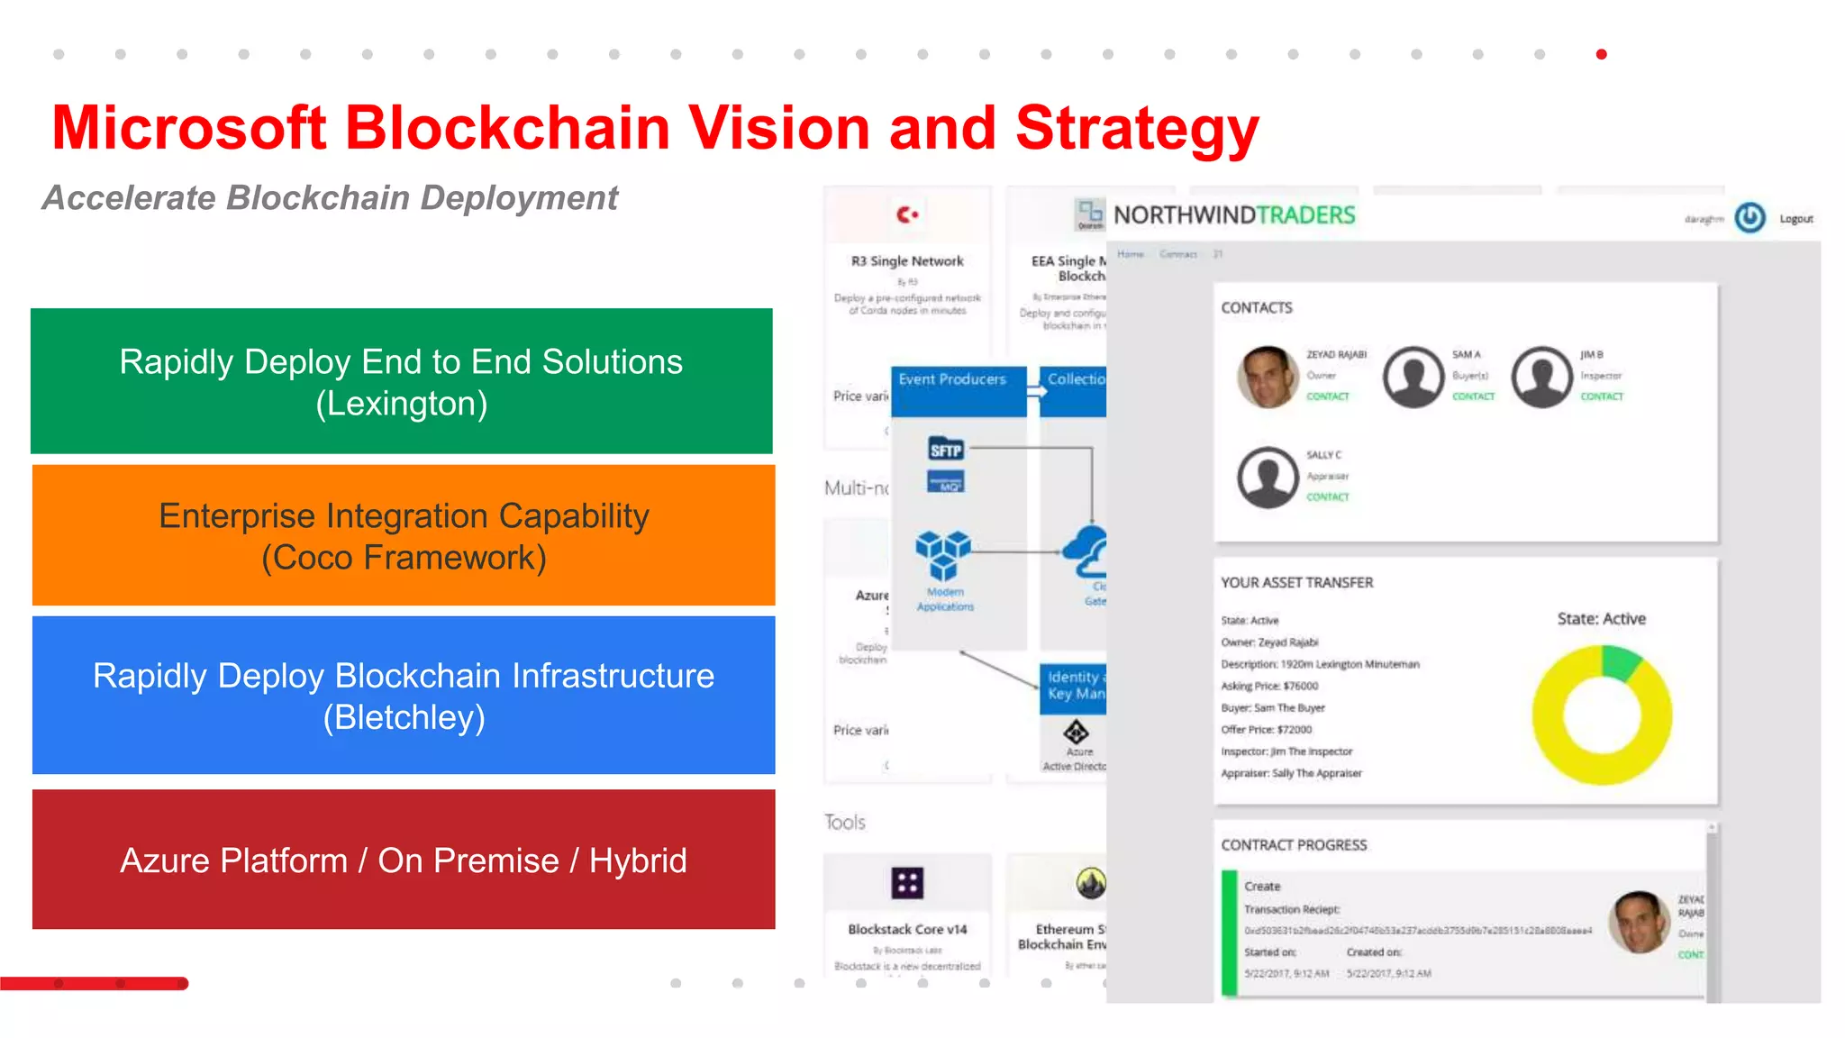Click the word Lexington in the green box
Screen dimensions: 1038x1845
402,404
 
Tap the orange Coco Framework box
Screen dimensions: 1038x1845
404,535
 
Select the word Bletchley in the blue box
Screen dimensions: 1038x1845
404,718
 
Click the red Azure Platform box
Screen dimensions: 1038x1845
404,860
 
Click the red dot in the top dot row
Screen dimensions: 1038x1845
1601,54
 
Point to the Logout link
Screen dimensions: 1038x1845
1795,219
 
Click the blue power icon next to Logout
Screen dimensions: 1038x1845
1750,218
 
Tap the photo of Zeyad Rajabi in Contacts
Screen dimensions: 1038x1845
1267,377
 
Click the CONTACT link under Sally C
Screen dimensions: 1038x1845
1328,496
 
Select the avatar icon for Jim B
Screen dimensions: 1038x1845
1541,377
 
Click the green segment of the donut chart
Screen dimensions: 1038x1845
1622,662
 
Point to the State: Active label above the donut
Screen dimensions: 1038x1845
1601,619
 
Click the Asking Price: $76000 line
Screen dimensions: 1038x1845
1269,686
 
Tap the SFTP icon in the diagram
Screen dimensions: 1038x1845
945,450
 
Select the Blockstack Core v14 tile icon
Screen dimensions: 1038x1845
907,882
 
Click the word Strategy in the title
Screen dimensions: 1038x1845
1137,128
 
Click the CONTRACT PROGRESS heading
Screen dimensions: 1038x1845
1294,845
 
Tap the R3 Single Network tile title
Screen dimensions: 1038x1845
907,261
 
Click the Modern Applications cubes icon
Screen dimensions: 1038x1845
943,554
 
